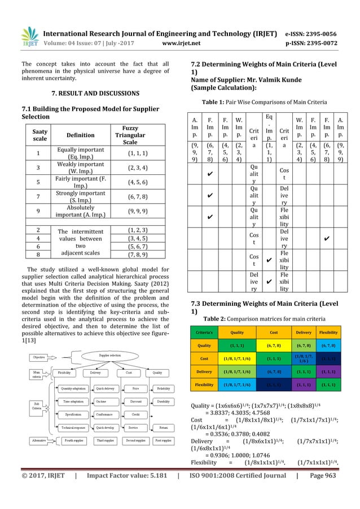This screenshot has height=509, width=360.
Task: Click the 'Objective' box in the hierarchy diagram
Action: [x=39, y=358]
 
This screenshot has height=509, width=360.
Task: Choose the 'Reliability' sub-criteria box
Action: [x=164, y=388]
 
